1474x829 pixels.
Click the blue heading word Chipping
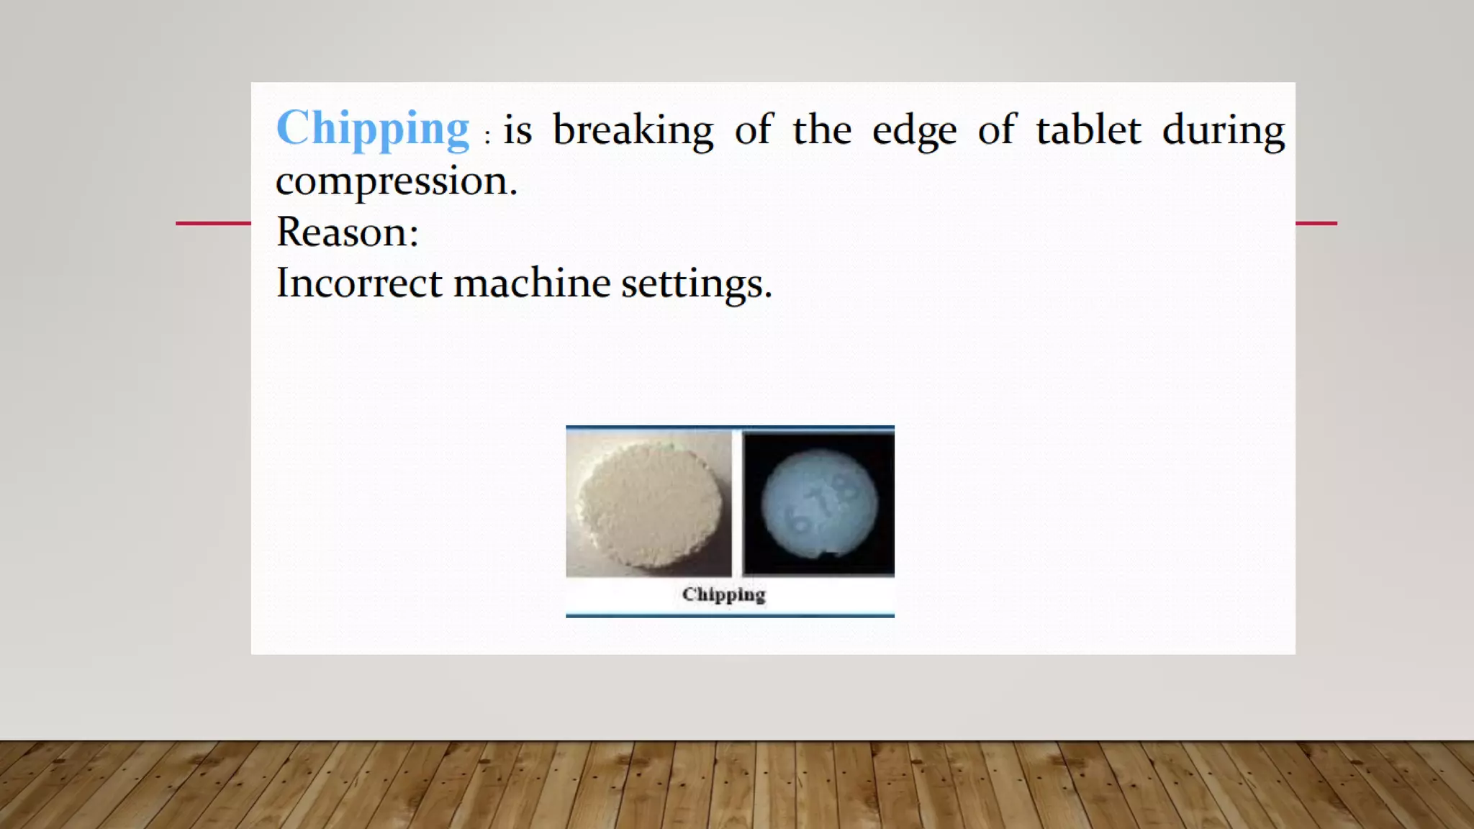[x=373, y=130]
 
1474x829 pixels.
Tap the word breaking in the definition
[x=633, y=131]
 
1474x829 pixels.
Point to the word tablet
[x=1088, y=130]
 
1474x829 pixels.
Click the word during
[x=1224, y=132]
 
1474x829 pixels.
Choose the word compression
[x=396, y=181]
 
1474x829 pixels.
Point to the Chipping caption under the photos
[x=723, y=594]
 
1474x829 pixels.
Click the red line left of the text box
[x=213, y=223]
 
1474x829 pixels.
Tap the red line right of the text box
[x=1316, y=223]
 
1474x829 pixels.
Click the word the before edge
[x=822, y=130]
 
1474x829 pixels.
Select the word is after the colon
[x=517, y=131]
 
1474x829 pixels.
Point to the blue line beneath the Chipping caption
[x=730, y=615]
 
